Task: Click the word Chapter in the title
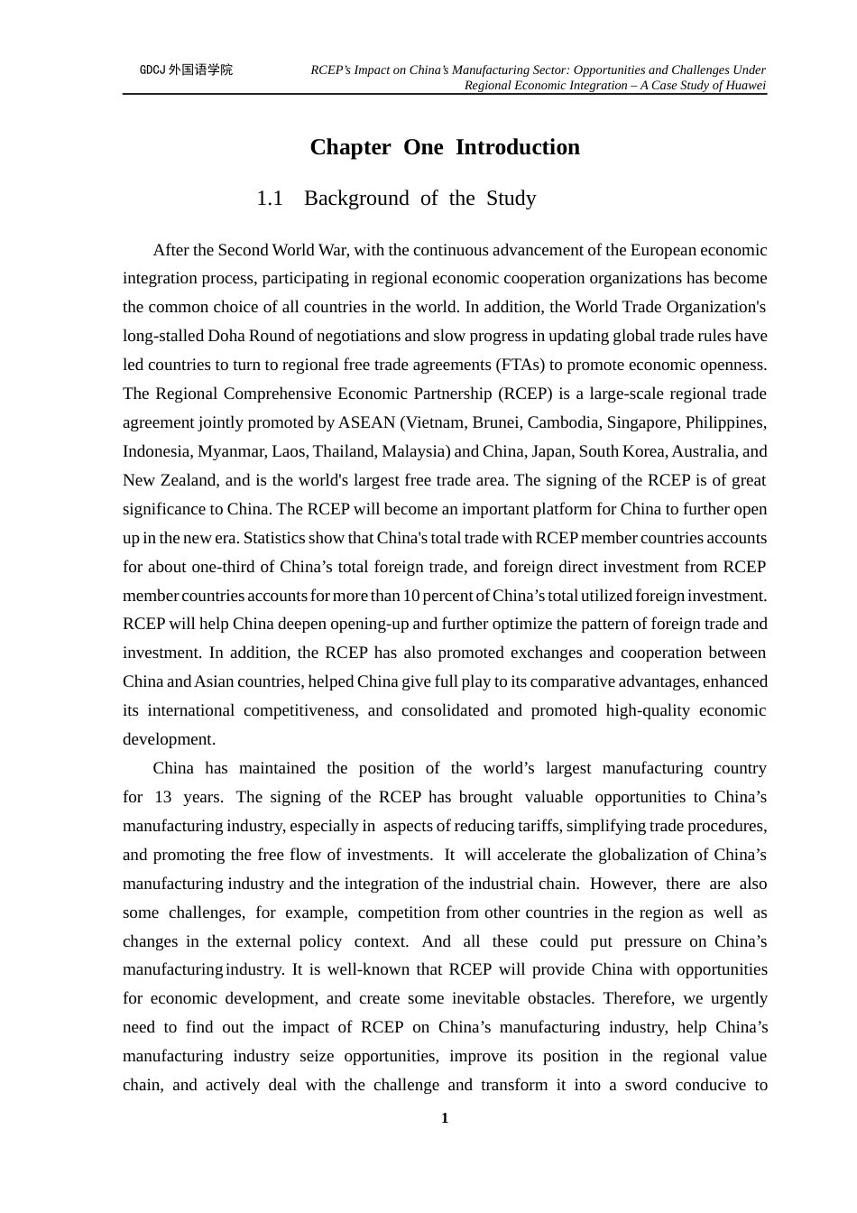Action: pyautogui.click(x=350, y=147)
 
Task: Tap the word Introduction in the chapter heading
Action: pyautogui.click(x=518, y=147)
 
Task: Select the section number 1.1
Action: pyautogui.click(x=270, y=199)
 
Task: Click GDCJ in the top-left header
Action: pyautogui.click(x=152, y=69)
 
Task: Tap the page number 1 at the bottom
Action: pyautogui.click(x=445, y=1118)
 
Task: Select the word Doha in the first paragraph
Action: pyautogui.click(x=227, y=336)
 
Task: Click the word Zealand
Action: pyautogui.click(x=188, y=480)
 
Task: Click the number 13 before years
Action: pyautogui.click(x=163, y=797)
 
